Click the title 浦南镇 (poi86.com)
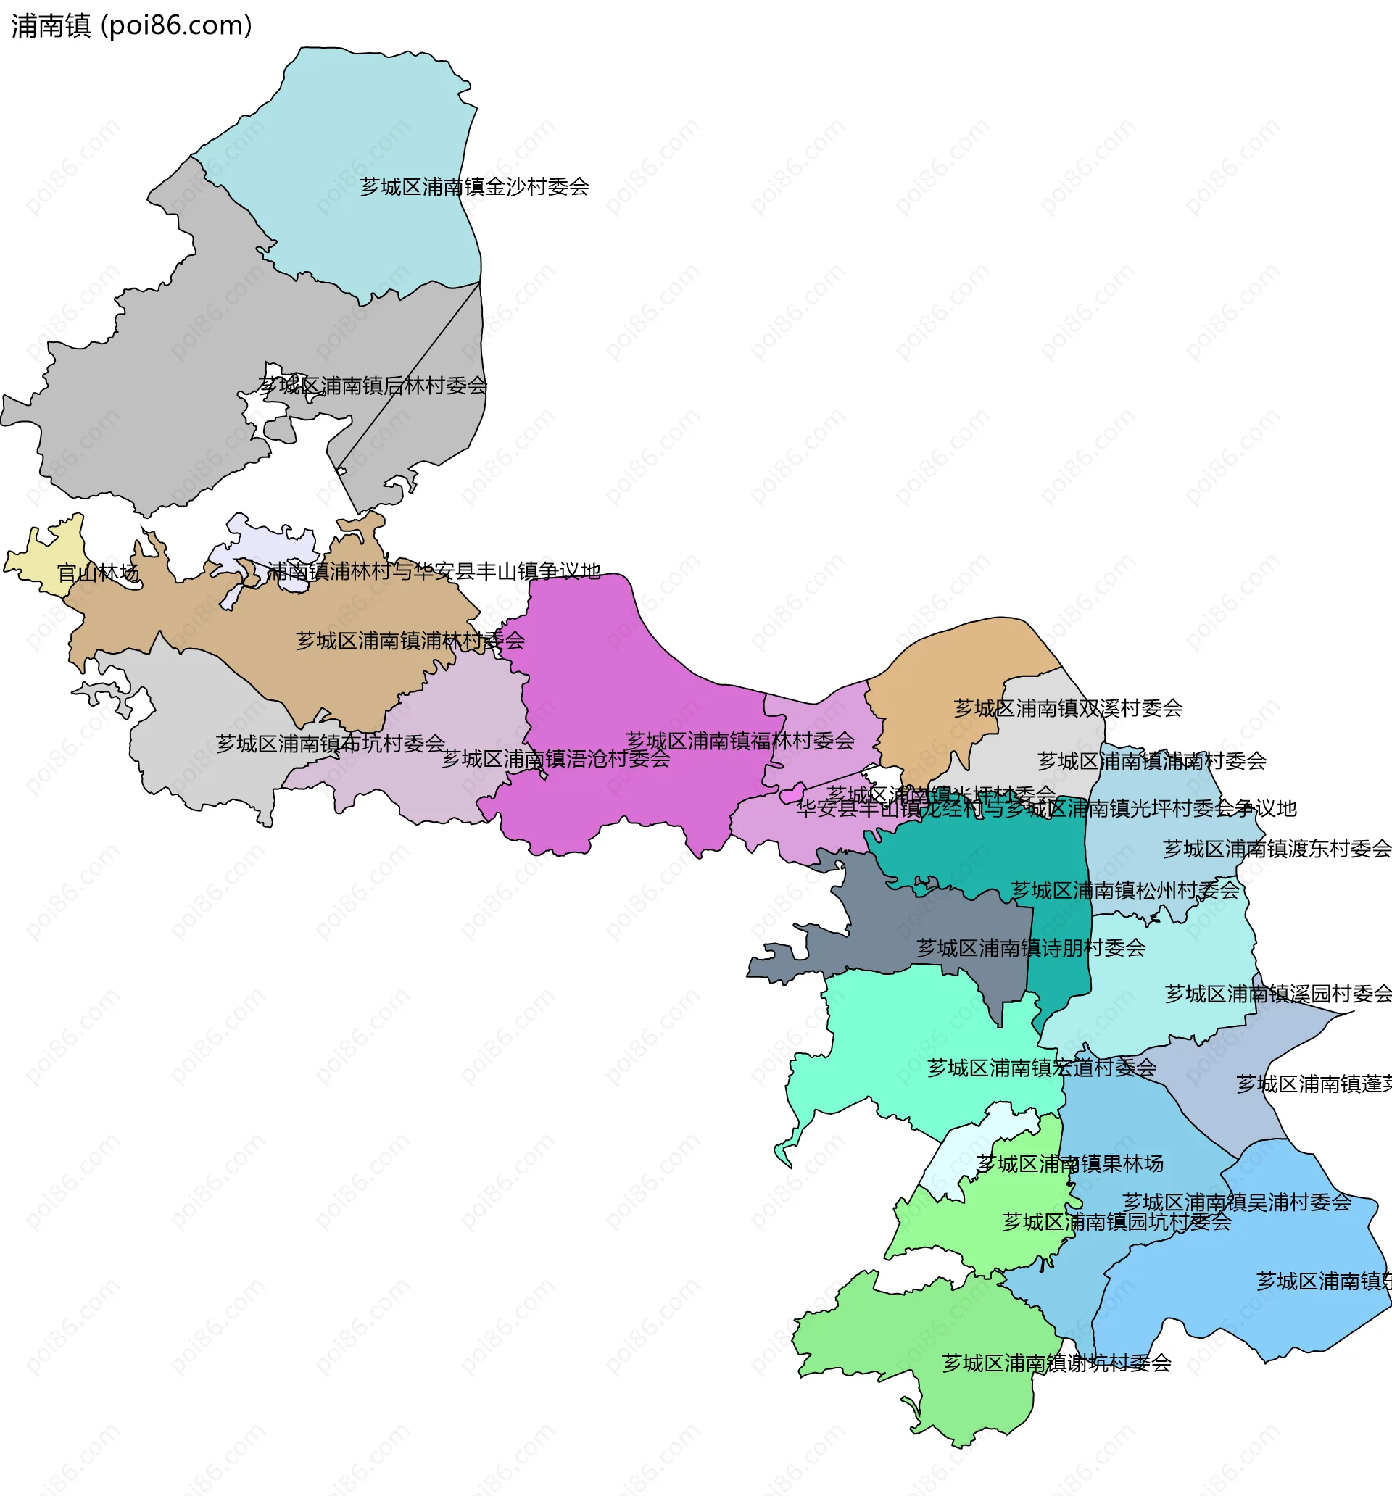pos(132,25)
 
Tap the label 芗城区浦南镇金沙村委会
pos(474,186)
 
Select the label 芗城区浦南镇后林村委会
pos(373,386)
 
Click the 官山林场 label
pos(99,573)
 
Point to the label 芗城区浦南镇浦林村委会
pos(410,641)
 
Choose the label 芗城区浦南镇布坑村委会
pos(331,744)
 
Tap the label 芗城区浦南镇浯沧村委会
pos(555,759)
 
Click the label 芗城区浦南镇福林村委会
pos(740,741)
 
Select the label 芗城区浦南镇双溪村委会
pos(1067,708)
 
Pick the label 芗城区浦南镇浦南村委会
pos(1152,761)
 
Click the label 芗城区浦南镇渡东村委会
pos(1277,849)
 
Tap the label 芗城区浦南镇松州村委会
pos(1124,890)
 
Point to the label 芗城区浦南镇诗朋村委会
pos(1031,947)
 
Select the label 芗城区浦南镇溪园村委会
pos(1278,994)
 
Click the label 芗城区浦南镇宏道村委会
pos(1041,1068)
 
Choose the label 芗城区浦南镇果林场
pos(1070,1164)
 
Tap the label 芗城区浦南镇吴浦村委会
pos(1236,1202)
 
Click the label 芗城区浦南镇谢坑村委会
pos(1056,1363)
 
